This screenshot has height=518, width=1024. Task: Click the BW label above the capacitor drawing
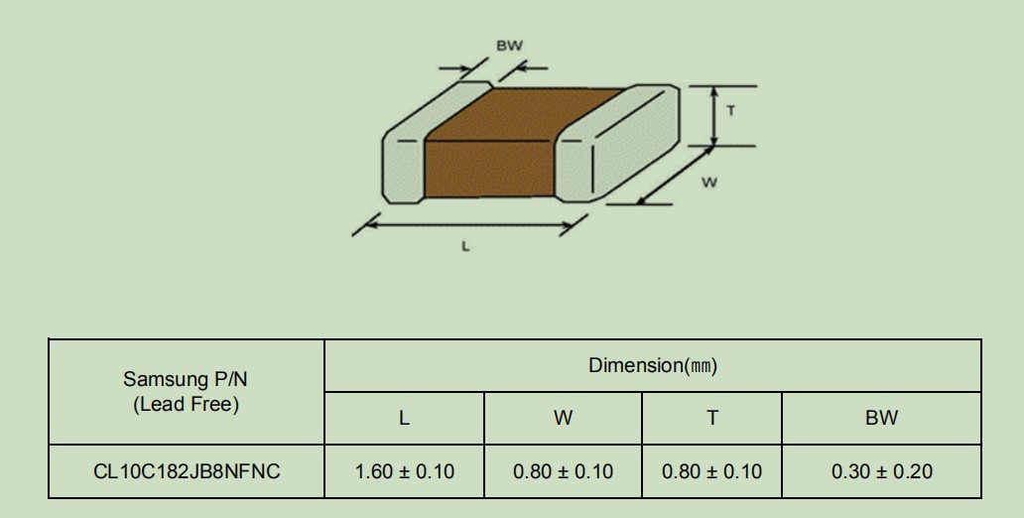(509, 46)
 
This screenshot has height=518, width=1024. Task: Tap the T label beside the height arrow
(730, 111)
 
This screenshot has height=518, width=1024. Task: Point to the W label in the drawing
(709, 183)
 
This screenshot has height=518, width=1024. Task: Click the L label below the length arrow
(465, 246)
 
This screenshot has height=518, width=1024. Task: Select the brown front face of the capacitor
(489, 169)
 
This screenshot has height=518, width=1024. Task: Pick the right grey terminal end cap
(617, 144)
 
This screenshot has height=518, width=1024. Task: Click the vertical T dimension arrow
(714, 116)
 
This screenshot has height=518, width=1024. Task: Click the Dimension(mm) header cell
(653, 366)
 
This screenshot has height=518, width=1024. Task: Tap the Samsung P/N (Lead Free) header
(187, 391)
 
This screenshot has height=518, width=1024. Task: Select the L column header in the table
(404, 418)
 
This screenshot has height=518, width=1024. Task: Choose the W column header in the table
(563, 418)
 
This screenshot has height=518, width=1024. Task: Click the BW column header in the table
(882, 418)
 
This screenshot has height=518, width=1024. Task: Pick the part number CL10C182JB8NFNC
(187, 471)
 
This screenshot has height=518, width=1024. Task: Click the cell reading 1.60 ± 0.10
(404, 471)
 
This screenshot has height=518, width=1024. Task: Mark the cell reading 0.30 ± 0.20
(882, 471)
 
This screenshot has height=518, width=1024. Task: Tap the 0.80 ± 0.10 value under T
(711, 471)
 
